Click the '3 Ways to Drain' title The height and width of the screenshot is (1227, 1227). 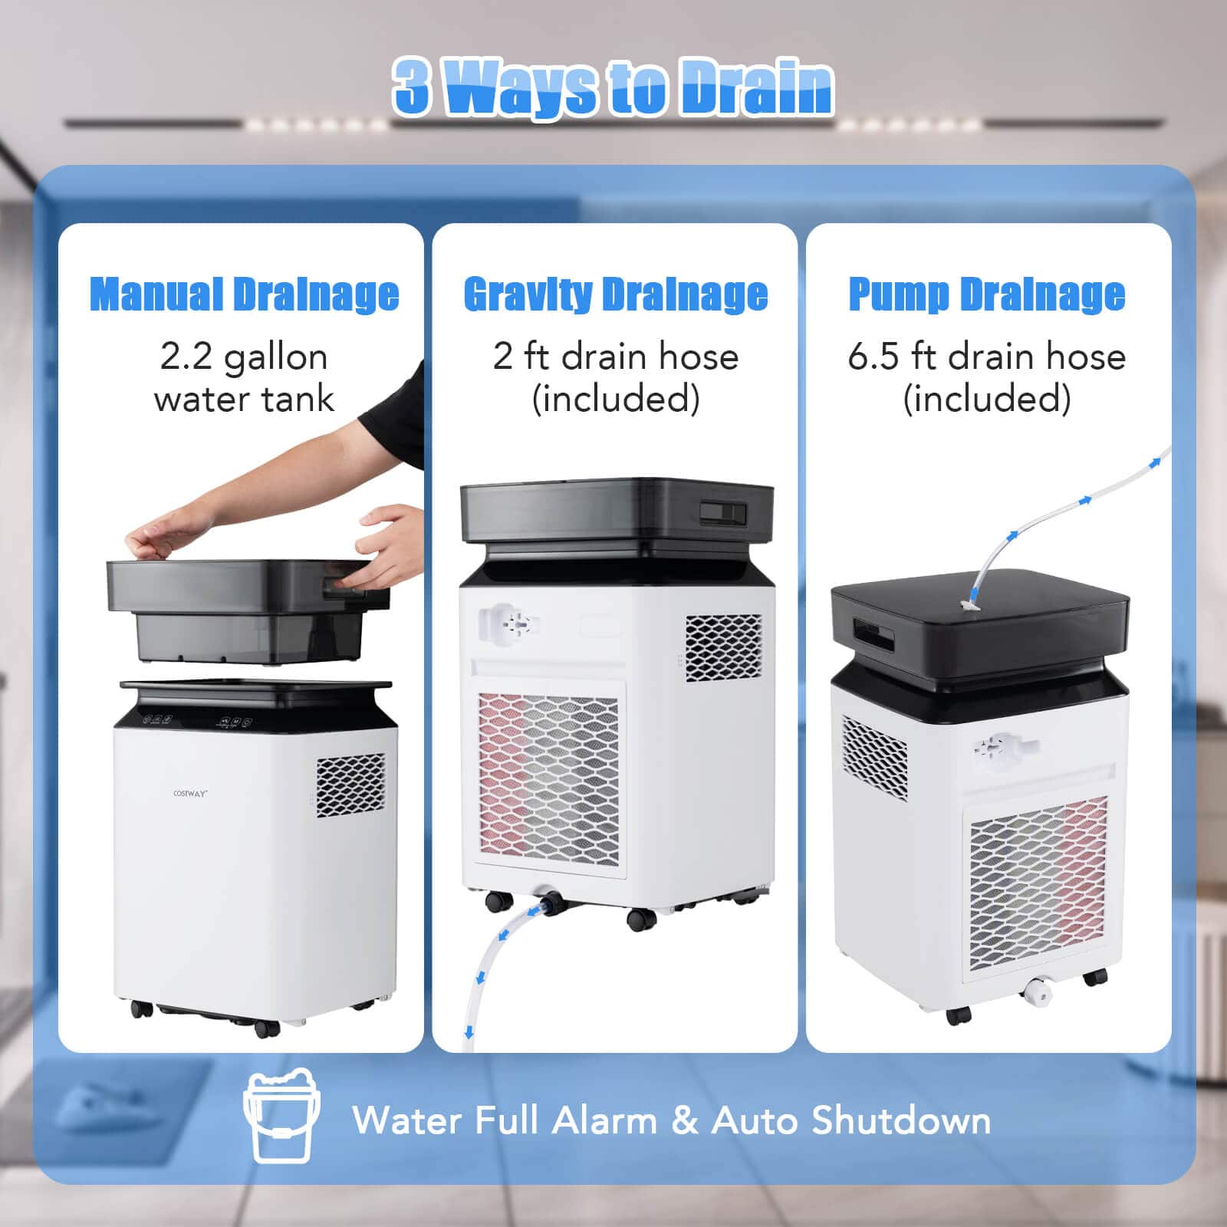[613, 87]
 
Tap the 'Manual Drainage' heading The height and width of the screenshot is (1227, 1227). [244, 294]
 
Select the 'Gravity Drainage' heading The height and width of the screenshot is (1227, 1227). [615, 294]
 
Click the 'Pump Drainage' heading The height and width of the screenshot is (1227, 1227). [986, 294]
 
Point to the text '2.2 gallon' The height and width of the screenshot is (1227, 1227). [244, 357]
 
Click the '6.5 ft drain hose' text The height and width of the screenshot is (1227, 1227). [986, 357]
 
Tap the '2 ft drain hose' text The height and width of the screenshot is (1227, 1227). [615, 357]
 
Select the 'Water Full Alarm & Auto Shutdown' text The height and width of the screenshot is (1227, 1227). [671, 1120]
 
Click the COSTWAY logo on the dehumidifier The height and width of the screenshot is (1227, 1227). [189, 794]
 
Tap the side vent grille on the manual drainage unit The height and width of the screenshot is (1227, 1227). [350, 785]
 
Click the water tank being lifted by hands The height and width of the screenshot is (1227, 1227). [245, 610]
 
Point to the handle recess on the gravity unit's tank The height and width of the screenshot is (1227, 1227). [722, 513]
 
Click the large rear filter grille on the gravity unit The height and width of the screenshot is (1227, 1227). [548, 778]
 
